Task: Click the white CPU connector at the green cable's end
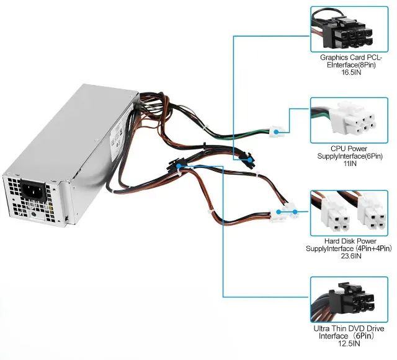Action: coord(277,131)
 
